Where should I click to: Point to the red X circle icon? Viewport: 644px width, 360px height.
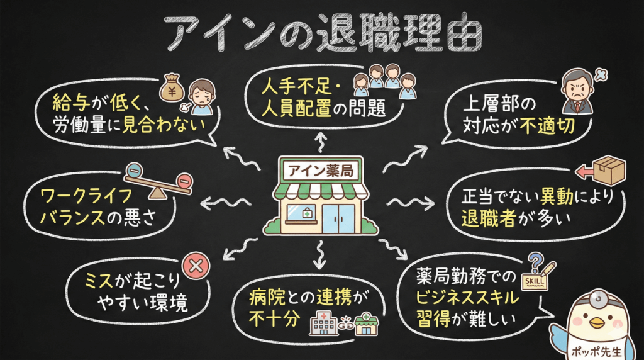(x=196, y=266)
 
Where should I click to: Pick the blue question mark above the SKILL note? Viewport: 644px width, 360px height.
(x=536, y=259)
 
